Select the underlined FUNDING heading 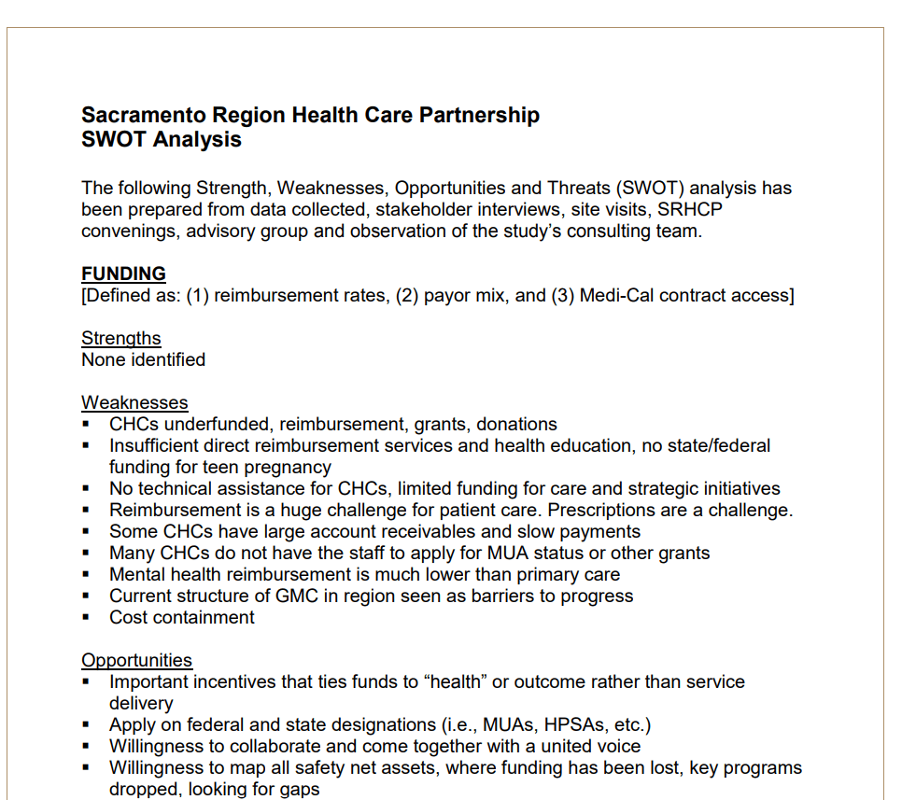tap(123, 274)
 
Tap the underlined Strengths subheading tap(120, 338)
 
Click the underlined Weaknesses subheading tap(134, 402)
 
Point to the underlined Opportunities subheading tap(136, 660)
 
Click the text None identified tap(143, 359)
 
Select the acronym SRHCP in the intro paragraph tap(690, 209)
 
